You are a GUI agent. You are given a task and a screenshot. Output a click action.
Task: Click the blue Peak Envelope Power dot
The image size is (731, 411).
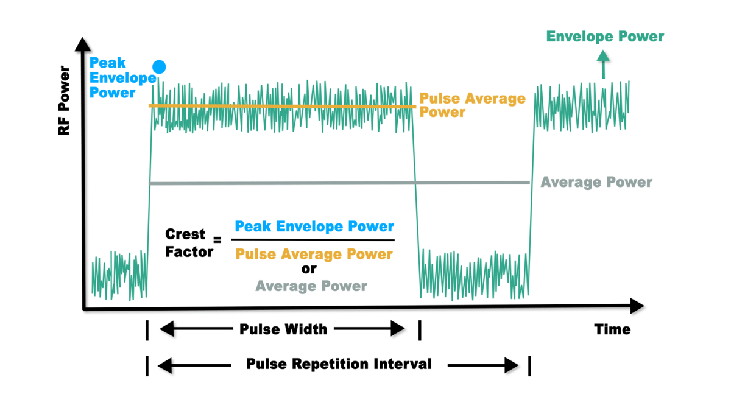pyautogui.click(x=159, y=67)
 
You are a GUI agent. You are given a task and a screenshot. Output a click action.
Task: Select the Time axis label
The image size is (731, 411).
pyautogui.click(x=612, y=329)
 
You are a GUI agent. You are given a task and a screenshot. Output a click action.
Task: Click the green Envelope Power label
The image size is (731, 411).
pyautogui.click(x=605, y=37)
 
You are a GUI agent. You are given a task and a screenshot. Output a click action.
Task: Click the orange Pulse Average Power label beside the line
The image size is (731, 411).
pyautogui.click(x=472, y=105)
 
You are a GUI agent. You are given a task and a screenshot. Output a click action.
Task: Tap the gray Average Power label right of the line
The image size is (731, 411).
pyautogui.click(x=596, y=182)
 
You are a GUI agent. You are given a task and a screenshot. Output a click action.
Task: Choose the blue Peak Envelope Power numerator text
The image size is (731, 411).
pyautogui.click(x=314, y=227)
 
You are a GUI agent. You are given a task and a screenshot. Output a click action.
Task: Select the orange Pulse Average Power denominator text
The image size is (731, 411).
pyautogui.click(x=314, y=254)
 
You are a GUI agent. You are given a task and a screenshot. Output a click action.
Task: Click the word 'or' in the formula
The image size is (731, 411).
pyautogui.click(x=309, y=269)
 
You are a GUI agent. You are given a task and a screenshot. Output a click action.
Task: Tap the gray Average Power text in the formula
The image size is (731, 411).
pyautogui.click(x=311, y=286)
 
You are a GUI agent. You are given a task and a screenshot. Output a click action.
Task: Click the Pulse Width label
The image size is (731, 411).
pyautogui.click(x=283, y=329)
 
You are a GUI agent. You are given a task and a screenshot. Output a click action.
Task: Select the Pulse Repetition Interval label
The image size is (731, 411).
pyautogui.click(x=339, y=364)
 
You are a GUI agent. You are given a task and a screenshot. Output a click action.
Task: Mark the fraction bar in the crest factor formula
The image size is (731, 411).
pyautogui.click(x=314, y=241)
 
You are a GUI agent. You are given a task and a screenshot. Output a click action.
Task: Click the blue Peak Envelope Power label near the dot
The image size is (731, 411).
pyautogui.click(x=122, y=78)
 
